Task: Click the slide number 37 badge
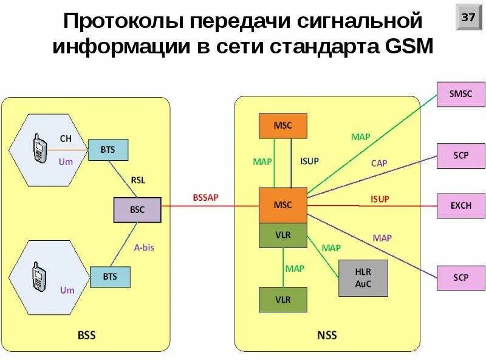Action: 468,18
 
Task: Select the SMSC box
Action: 460,95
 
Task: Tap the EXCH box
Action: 460,205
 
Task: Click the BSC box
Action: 137,209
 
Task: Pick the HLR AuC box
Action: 363,278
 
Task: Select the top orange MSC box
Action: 283,126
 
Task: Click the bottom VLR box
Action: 283,300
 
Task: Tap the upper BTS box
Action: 109,149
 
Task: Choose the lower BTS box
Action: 109,277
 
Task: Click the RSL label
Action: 139,180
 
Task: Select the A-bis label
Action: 145,246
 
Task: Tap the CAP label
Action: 379,163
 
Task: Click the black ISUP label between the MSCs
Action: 309,161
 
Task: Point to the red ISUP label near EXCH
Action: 380,198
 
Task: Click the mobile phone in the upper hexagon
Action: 39,148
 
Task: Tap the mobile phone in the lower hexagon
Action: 39,276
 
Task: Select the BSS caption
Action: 86,335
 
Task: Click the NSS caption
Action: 327,335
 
